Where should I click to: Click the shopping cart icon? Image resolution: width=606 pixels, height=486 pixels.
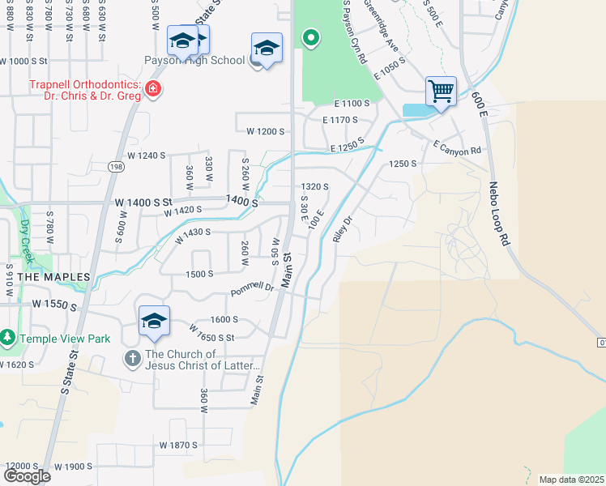441,91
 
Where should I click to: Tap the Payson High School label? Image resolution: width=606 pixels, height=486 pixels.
194,60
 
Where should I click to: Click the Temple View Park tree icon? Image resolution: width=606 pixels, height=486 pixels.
7,337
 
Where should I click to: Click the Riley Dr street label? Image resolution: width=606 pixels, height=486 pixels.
344,229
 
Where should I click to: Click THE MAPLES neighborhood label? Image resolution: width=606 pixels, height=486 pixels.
53,277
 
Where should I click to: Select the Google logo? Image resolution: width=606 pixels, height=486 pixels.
27,476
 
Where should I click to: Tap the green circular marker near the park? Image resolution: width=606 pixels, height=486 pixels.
309,37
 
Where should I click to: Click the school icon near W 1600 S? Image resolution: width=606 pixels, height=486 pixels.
154,320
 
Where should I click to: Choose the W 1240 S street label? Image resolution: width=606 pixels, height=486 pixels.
146,156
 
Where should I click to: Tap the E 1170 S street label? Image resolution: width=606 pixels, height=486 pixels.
339,120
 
